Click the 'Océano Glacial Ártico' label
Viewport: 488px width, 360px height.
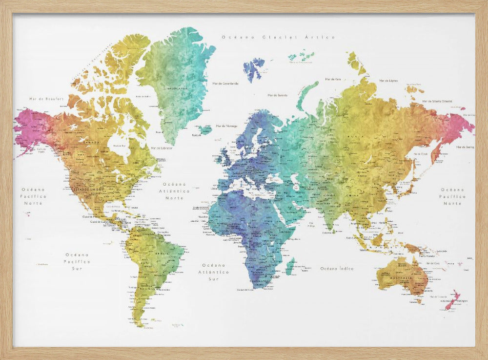(x=278, y=37)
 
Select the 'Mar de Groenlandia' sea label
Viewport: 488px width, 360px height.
(x=225, y=84)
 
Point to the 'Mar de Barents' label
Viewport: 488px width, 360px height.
(x=277, y=95)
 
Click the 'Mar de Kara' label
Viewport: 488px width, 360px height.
(x=333, y=79)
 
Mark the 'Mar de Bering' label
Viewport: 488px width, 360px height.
(x=464, y=147)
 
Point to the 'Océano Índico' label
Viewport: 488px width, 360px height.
(x=337, y=268)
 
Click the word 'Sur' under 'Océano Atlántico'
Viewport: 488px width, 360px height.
(x=214, y=279)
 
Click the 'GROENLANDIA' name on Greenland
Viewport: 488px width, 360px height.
(x=177, y=88)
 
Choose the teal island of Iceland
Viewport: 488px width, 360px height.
(x=205, y=129)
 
